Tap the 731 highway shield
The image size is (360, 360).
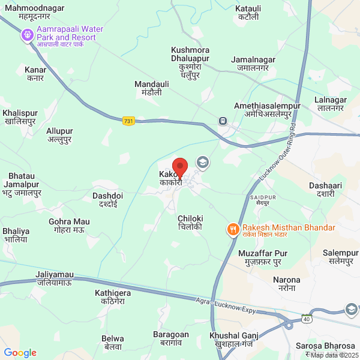(x=128, y=121)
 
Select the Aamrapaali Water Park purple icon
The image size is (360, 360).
(x=27, y=35)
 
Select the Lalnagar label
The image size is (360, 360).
(x=331, y=103)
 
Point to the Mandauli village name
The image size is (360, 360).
(x=148, y=89)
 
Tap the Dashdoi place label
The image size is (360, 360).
(x=108, y=200)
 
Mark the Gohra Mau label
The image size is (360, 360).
(x=69, y=226)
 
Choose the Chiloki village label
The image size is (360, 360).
(x=191, y=223)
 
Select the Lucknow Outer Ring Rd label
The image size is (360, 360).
(x=277, y=153)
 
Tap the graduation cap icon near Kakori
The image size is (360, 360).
(x=203, y=162)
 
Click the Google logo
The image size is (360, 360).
(x=20, y=353)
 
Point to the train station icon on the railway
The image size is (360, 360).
(x=223, y=120)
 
